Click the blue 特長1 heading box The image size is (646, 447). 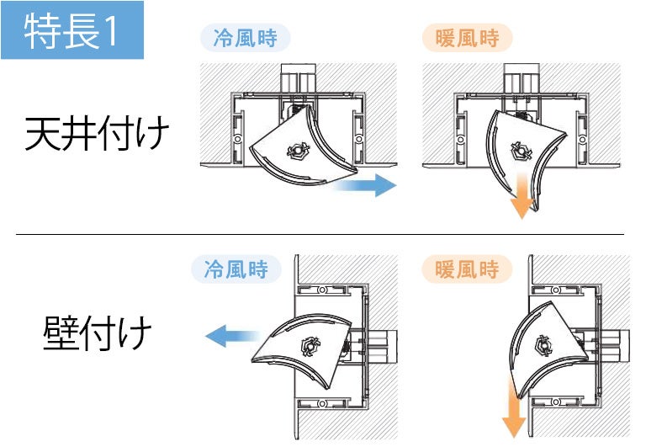[72, 31]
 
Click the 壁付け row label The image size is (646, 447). [98, 333]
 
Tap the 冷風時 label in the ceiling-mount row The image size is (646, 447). [245, 39]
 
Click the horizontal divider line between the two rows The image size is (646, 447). [320, 234]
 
